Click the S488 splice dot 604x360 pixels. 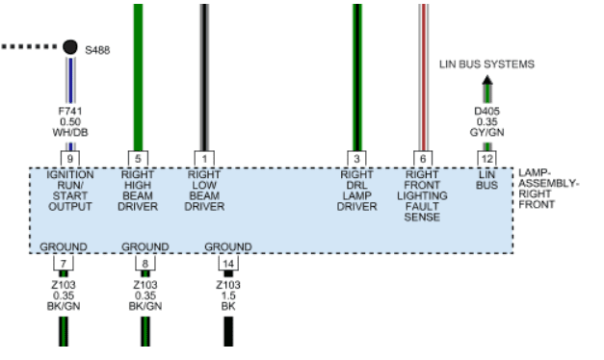[x=70, y=47]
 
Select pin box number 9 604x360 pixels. [x=70, y=159]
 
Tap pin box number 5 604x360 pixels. [x=138, y=159]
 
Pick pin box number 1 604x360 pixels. [x=204, y=159]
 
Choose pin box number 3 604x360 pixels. [x=356, y=159]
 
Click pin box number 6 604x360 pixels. [x=423, y=159]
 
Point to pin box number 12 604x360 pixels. [x=487, y=159]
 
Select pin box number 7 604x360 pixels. [x=64, y=264]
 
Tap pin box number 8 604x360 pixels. [x=145, y=264]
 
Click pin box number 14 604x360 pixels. [x=228, y=264]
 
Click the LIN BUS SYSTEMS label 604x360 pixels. [x=486, y=64]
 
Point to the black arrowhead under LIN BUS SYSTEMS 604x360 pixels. [x=487, y=80]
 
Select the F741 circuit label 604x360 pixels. [x=70, y=112]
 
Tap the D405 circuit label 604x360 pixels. [x=486, y=112]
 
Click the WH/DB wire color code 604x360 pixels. [x=70, y=133]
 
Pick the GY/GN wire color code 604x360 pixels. [x=486, y=133]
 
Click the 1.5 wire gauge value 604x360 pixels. [x=228, y=296]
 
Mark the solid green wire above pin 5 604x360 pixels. [x=138, y=77]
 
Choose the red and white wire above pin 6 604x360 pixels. [x=423, y=77]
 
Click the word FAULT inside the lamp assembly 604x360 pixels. [x=422, y=206]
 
